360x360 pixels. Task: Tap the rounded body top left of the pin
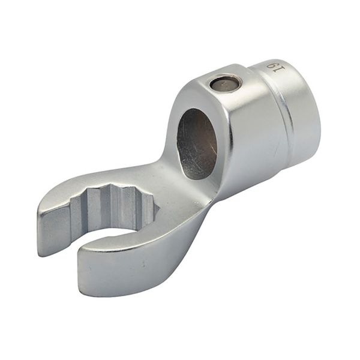pos(195,93)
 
